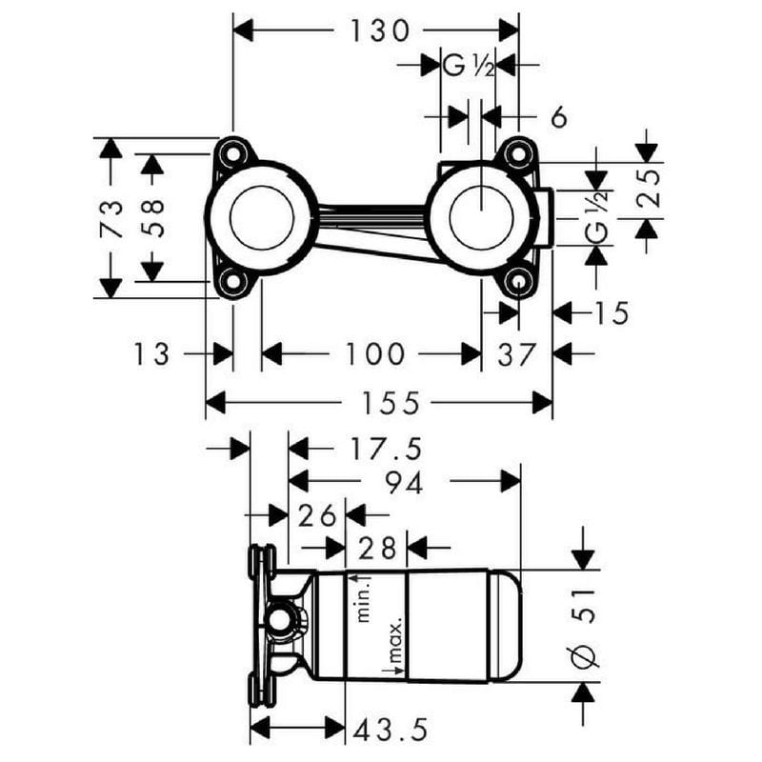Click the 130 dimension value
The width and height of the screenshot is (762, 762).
pyautogui.click(x=379, y=30)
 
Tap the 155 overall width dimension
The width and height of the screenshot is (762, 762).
pyautogui.click(x=391, y=403)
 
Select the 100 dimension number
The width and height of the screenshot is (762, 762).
pyautogui.click(x=374, y=353)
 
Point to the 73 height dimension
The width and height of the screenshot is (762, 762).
pyautogui.click(x=111, y=218)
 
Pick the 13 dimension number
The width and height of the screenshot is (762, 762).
pyautogui.click(x=151, y=353)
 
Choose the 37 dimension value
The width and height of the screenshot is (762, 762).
pyautogui.click(x=516, y=353)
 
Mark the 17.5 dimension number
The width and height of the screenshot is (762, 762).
pyautogui.click(x=386, y=449)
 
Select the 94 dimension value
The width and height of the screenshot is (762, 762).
pyautogui.click(x=404, y=483)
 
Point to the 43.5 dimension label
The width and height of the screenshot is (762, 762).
pyautogui.click(x=391, y=730)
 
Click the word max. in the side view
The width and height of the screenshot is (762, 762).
pyautogui.click(x=396, y=640)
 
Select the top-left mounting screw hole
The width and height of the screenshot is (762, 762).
pyautogui.click(x=233, y=153)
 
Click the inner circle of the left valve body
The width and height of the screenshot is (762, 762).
pyautogui.click(x=263, y=218)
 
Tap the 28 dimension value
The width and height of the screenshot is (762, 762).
pyautogui.click(x=376, y=549)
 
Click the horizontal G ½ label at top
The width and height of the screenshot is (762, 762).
pyautogui.click(x=468, y=65)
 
